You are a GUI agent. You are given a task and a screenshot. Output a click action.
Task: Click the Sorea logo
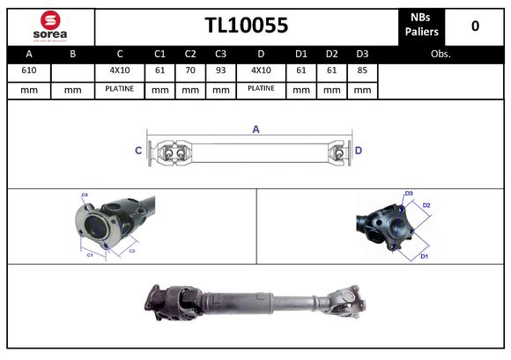[50, 26]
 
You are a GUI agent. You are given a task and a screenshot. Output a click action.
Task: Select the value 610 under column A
[29, 70]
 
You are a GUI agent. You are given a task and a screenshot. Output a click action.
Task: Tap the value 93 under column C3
[220, 70]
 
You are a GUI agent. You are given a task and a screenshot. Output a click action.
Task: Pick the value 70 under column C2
[190, 70]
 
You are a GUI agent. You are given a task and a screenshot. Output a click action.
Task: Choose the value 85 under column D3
[361, 70]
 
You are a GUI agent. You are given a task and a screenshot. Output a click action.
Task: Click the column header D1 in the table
[301, 53]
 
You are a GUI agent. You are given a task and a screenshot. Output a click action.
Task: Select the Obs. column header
[441, 53]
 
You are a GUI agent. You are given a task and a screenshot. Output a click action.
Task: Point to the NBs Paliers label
[422, 26]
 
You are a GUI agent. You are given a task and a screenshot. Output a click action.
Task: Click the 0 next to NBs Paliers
[475, 26]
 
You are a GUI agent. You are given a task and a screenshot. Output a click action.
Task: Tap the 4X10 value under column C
[119, 70]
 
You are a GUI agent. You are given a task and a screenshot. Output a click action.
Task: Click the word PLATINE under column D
[261, 89]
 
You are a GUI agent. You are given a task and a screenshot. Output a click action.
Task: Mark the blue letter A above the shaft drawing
[255, 129]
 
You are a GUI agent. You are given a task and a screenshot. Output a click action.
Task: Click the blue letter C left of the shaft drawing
[138, 151]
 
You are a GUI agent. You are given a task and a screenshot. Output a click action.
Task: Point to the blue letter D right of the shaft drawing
[359, 151]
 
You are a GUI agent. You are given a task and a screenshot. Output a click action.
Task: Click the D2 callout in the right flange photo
[426, 205]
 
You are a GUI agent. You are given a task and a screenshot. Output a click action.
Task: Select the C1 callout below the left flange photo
[89, 254]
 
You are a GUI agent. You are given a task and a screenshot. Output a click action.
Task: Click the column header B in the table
[72, 53]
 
